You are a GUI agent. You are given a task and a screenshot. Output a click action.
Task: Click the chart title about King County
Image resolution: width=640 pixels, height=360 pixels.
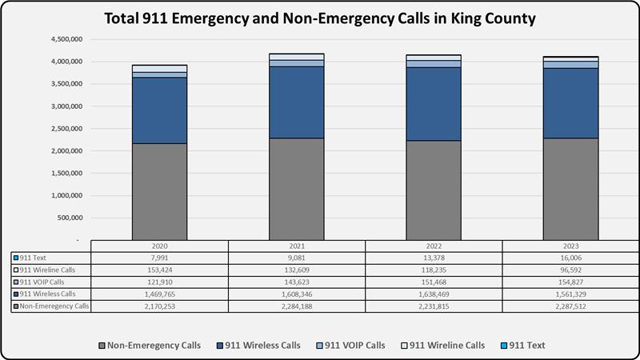pyautogui.click(x=320, y=17)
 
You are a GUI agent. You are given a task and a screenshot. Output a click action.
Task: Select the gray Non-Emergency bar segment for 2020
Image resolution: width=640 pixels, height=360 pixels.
pyautogui.click(x=159, y=191)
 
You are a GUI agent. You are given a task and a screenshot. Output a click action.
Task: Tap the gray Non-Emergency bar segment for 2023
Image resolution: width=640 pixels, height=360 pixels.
pyautogui.click(x=570, y=189)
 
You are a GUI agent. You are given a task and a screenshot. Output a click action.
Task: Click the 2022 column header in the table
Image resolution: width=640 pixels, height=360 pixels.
pyautogui.click(x=434, y=246)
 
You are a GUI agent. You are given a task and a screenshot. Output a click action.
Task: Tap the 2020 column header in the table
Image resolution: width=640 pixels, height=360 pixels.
pyautogui.click(x=159, y=246)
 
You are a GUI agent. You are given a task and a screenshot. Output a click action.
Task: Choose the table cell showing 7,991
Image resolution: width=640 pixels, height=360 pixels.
pyautogui.click(x=159, y=258)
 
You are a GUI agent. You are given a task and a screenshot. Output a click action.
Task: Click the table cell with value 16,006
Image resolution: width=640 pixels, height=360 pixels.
pyautogui.click(x=570, y=258)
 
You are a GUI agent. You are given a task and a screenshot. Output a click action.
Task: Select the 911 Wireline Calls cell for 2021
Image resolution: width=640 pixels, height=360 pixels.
pyautogui.click(x=297, y=270)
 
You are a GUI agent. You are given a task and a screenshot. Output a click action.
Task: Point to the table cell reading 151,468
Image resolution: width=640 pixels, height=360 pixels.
pyautogui.click(x=434, y=282)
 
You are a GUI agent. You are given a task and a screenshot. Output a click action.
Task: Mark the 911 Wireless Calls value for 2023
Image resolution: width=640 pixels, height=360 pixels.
pyautogui.click(x=570, y=294)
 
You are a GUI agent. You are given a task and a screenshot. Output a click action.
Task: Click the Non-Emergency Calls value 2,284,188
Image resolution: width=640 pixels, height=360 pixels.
pyautogui.click(x=297, y=306)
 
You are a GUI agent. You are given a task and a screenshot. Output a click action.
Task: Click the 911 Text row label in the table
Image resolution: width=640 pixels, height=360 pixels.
pyautogui.click(x=36, y=258)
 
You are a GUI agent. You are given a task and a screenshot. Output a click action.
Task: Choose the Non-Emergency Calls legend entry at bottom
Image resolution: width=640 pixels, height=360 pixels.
pyautogui.click(x=147, y=345)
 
